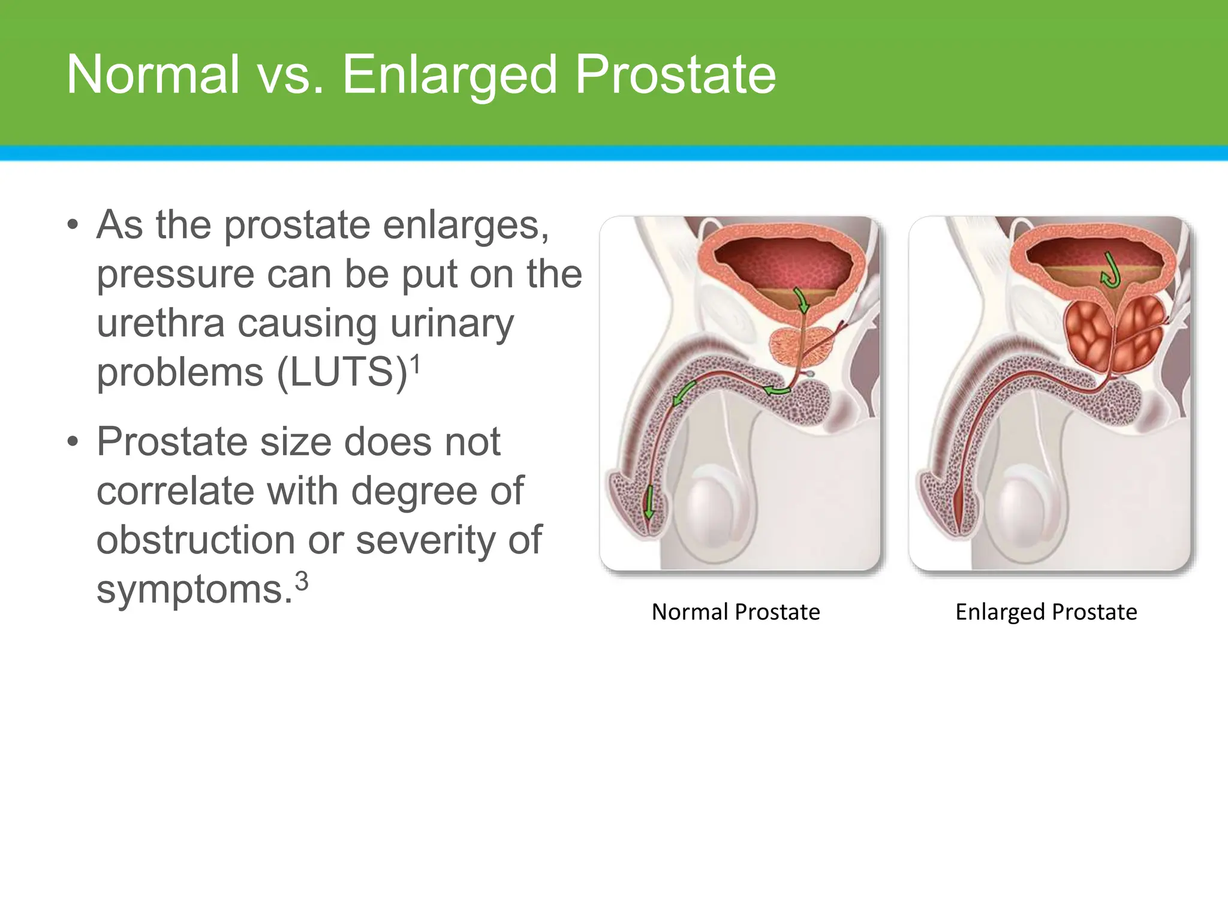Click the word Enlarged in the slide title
(x=450, y=76)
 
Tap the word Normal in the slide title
(x=153, y=75)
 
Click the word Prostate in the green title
(x=675, y=75)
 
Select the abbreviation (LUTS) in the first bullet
(x=342, y=373)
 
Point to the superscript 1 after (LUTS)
(x=416, y=363)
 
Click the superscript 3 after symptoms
(x=302, y=581)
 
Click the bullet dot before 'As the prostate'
(x=73, y=226)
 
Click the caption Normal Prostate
(x=736, y=612)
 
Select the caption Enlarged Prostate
(x=1046, y=612)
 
